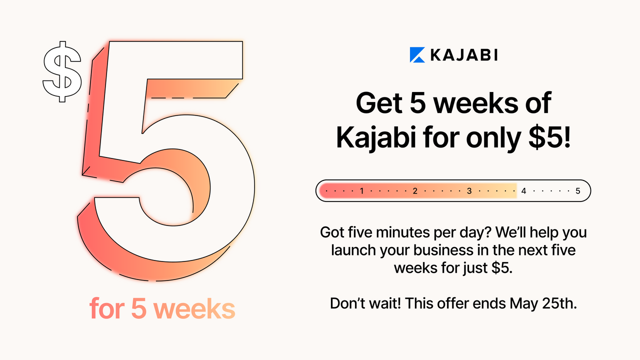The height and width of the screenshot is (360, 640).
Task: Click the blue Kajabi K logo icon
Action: coord(417,54)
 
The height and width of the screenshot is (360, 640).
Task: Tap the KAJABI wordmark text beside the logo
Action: coord(464,55)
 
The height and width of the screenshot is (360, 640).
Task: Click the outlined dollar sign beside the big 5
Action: coord(62,71)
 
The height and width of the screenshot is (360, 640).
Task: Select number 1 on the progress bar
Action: coord(361,191)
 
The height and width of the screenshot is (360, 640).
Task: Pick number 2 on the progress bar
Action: coord(415,191)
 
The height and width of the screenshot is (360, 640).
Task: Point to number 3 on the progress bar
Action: coord(469,191)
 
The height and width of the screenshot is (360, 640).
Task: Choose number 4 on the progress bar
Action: coord(523,191)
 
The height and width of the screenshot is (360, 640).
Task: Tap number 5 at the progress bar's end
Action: coord(577,191)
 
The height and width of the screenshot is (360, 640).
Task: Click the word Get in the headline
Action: coord(379,103)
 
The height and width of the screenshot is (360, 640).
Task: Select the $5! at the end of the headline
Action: coord(549,137)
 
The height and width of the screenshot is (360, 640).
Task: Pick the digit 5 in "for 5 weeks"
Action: coord(139,308)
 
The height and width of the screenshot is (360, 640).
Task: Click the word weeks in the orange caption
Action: coord(194,308)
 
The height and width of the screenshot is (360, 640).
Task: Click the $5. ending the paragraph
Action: coord(501,268)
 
